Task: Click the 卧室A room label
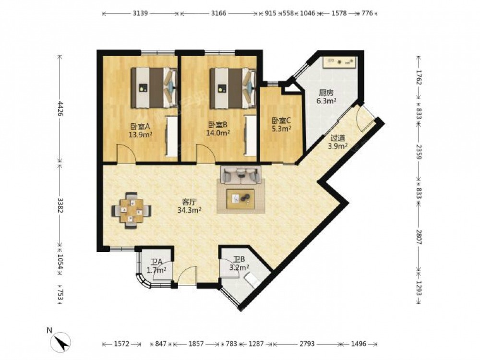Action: pos(140,126)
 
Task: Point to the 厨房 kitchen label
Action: pos(326,93)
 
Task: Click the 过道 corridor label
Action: pos(337,138)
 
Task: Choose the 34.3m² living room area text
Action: pos(189,210)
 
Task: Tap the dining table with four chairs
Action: pos(132,210)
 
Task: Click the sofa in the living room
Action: pos(241,175)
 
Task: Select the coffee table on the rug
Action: pos(240,199)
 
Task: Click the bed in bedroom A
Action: pos(155,87)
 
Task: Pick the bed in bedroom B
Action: pos(233,88)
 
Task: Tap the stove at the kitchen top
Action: pos(339,62)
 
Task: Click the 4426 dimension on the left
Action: pos(60,109)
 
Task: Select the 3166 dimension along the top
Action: pos(218,13)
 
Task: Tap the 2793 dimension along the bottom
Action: pos(307,344)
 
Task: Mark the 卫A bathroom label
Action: pos(156,262)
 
